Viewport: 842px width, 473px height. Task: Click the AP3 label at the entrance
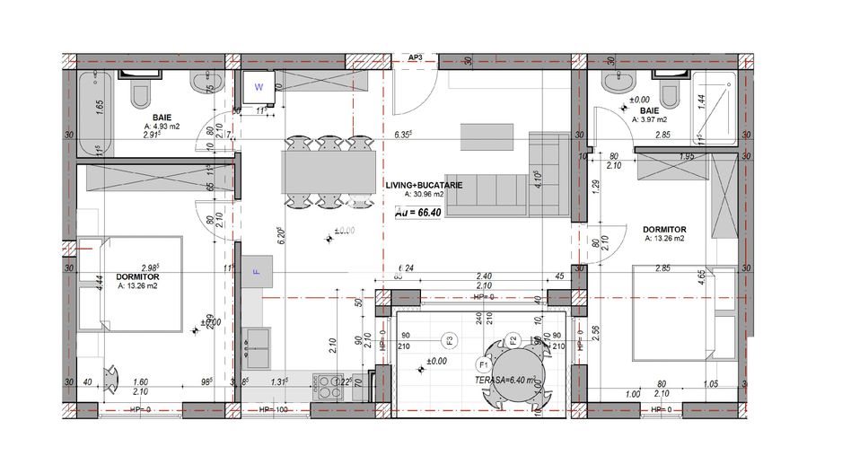pyautogui.click(x=415, y=58)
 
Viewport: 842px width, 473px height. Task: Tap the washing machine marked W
pyautogui.click(x=259, y=88)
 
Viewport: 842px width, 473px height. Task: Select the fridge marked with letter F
pyautogui.click(x=255, y=271)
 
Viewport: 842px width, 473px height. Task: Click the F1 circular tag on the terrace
pyautogui.click(x=482, y=365)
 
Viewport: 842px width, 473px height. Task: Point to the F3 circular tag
pyautogui.click(x=450, y=339)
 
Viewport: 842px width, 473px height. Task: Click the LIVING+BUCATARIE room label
pyautogui.click(x=425, y=185)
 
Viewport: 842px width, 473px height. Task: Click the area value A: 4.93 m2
pyautogui.click(x=162, y=127)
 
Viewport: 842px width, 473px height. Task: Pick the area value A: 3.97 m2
pyautogui.click(x=650, y=118)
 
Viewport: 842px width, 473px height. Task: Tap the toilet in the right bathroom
pyautogui.click(x=669, y=91)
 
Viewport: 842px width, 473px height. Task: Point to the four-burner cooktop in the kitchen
pyautogui.click(x=330, y=385)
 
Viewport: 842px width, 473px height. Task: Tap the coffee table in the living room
pyautogui.click(x=487, y=137)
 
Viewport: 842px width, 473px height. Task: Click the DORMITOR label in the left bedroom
pyautogui.click(x=137, y=276)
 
